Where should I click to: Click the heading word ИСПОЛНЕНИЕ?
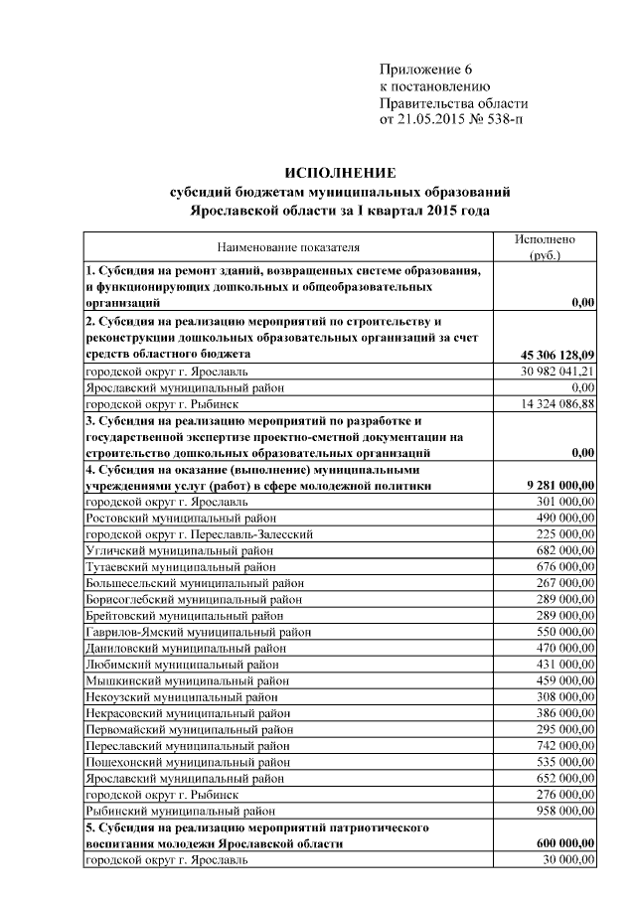(341, 172)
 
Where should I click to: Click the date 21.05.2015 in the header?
(437, 120)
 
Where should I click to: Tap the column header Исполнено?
(545, 239)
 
